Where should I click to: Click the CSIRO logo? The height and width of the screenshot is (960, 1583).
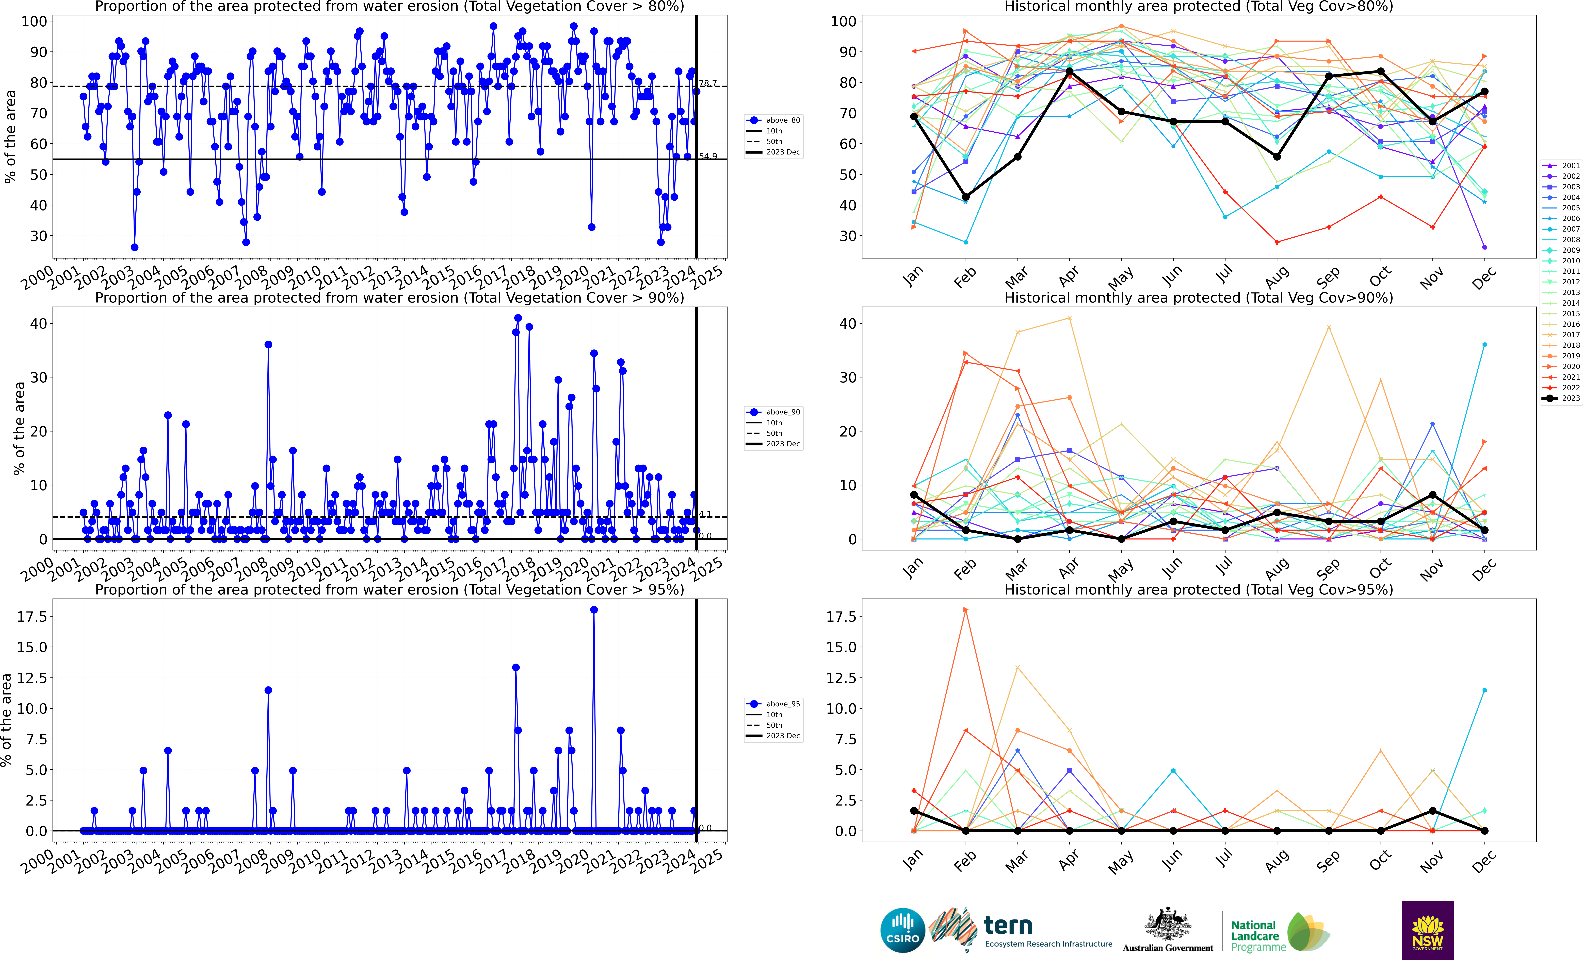[x=903, y=930]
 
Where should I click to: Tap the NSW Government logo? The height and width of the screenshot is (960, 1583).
[x=1428, y=930]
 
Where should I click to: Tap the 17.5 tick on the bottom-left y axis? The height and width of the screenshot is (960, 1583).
[x=32, y=616]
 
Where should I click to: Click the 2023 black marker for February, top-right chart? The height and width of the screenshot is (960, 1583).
[x=966, y=197]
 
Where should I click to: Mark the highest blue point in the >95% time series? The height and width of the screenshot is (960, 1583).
[x=594, y=610]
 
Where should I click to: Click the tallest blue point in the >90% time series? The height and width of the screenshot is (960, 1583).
[x=518, y=318]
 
